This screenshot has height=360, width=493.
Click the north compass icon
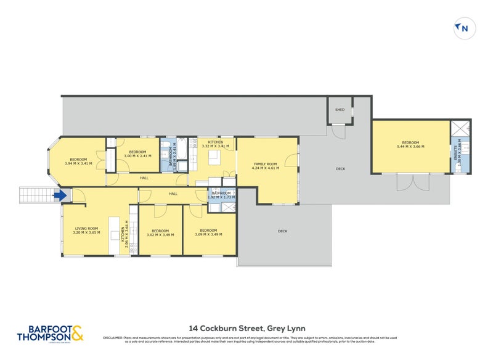[463, 27]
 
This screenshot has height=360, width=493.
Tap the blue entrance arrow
[59, 196]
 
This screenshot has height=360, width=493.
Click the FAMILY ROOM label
[265, 163]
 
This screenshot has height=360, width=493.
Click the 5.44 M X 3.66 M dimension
[410, 147]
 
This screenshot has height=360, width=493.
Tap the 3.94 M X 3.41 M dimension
[78, 163]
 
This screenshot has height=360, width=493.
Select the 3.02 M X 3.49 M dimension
[160, 234]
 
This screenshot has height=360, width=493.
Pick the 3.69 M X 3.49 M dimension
[210, 234]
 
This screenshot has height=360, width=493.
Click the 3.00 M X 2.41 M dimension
[137, 156]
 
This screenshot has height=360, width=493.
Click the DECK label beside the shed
[340, 169]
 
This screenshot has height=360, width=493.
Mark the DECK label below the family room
[282, 231]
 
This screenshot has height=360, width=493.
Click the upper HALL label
[144, 178]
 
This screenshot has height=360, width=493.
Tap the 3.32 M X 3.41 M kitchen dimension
[215, 147]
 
